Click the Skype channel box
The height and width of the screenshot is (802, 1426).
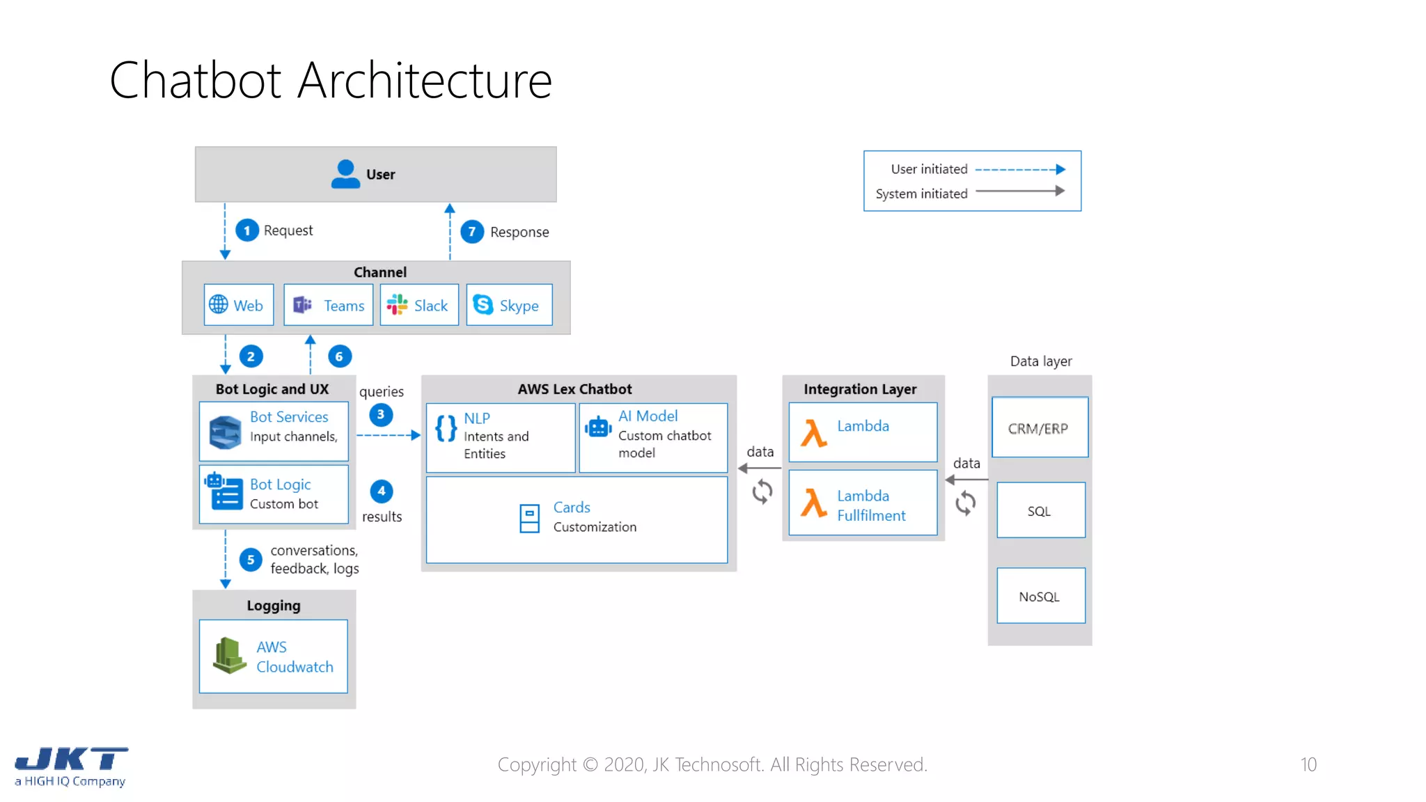click(509, 305)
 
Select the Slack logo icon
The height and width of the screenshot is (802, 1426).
click(397, 305)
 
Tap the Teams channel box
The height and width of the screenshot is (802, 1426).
click(328, 305)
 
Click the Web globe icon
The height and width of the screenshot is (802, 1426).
click(219, 304)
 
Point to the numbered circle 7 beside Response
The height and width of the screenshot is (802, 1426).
click(472, 231)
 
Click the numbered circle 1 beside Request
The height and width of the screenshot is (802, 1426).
click(246, 230)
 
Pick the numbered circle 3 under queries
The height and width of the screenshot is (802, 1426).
click(381, 414)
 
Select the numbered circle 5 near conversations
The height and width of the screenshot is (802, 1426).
click(251, 560)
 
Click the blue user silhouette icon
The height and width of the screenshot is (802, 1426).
click(345, 174)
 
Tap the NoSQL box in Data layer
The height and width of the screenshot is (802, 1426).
click(1040, 596)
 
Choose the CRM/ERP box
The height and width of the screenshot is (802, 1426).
click(1039, 427)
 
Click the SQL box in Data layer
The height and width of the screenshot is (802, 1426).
click(1040, 510)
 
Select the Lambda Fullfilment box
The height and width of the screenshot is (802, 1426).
click(863, 503)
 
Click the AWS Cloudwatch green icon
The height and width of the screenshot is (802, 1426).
click(229, 656)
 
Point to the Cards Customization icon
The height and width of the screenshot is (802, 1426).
click(529, 518)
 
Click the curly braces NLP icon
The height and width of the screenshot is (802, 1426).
click(446, 428)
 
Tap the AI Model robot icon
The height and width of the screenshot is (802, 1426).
click(598, 427)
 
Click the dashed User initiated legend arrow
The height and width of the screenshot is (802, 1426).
click(1019, 169)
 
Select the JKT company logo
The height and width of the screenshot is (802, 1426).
click(71, 766)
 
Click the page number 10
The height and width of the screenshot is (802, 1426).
click(1308, 764)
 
